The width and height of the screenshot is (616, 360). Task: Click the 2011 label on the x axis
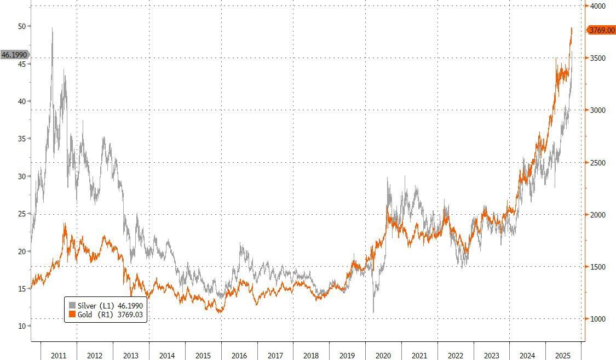tap(59, 356)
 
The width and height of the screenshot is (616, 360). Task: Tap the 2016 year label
tap(239, 356)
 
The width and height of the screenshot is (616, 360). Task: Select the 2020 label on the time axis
tap(383, 356)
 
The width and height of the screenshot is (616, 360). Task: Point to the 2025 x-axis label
tap(563, 356)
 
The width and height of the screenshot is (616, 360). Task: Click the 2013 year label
tap(131, 356)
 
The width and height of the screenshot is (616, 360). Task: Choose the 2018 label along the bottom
tap(311, 356)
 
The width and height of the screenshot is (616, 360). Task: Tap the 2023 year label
tap(491, 356)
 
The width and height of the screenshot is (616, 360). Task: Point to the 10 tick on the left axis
tap(22, 326)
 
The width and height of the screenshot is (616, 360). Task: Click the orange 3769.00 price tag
tap(601, 31)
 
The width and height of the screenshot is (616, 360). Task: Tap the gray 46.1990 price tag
tap(14, 55)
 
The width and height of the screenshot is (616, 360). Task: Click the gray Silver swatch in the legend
tap(72, 305)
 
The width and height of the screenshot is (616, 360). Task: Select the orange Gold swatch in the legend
tap(72, 315)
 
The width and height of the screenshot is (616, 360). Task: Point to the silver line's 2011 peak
tap(53, 28)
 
